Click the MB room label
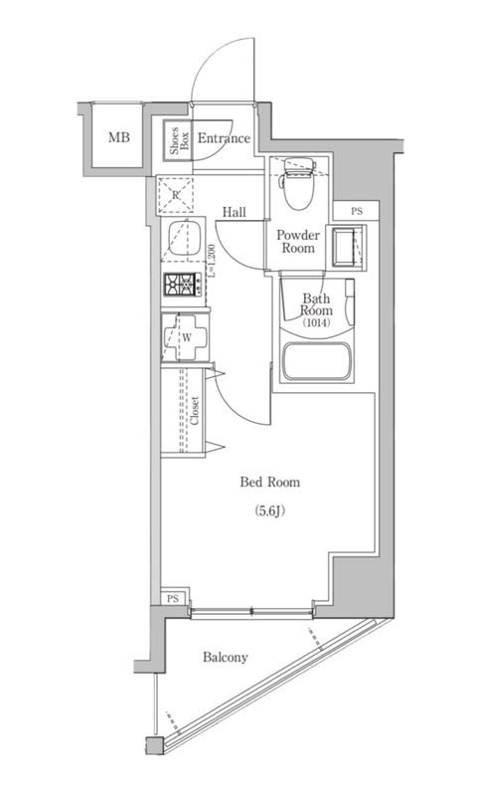click(x=118, y=137)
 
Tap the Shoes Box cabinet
click(x=178, y=140)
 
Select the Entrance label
click(x=224, y=138)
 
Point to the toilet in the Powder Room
click(x=298, y=183)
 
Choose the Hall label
click(x=235, y=212)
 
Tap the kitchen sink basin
click(x=185, y=238)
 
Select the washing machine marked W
click(x=185, y=337)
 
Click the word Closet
click(x=195, y=410)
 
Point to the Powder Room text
click(x=298, y=242)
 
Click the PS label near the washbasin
click(x=357, y=211)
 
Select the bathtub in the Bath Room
click(x=317, y=361)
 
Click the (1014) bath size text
click(x=316, y=322)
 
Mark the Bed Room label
click(x=269, y=482)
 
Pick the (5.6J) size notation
click(x=269, y=511)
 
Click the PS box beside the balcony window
click(x=174, y=598)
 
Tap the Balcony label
click(x=225, y=658)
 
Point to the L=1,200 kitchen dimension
click(x=213, y=261)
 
